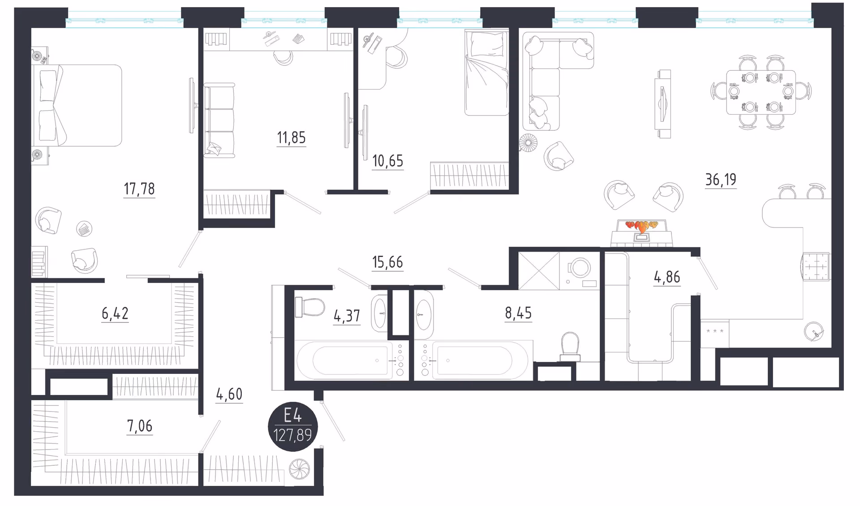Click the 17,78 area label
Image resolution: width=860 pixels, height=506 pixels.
pos(139,189)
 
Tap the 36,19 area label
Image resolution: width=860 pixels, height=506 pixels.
pos(721,180)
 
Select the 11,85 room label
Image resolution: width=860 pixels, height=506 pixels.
pos(291,137)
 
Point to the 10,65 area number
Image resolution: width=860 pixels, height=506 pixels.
pos(388,161)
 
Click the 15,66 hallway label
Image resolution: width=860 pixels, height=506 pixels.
pos(388,262)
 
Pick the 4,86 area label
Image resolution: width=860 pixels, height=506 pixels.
pos(667,277)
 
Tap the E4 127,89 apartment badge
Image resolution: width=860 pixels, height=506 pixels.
pos(293,426)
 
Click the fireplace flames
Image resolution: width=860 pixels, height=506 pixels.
pos(641,226)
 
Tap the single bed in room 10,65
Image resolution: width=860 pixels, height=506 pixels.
pos(486,72)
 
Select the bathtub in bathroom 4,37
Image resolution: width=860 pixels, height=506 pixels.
pos(350,360)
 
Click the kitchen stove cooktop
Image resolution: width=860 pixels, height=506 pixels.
pos(816,267)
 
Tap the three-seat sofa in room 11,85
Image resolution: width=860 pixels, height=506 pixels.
pos(219,120)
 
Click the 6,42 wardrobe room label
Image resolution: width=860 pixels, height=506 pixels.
pos(115,313)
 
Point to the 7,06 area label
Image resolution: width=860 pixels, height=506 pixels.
pos(140,426)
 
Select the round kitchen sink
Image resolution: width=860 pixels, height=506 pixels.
pos(814,332)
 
